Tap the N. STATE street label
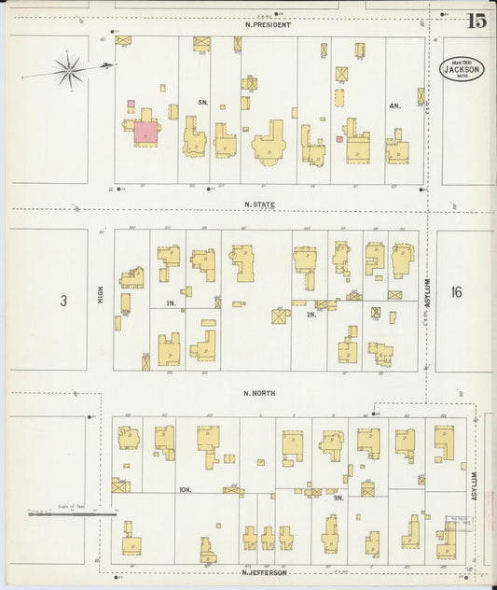[x=261, y=204]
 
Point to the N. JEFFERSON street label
[x=264, y=572]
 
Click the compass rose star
[x=69, y=69]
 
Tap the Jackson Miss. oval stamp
[x=462, y=70]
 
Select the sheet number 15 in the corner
[x=476, y=21]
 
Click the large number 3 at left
[x=63, y=301]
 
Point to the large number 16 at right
[x=455, y=292]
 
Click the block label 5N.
[x=201, y=102]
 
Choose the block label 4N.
[x=393, y=106]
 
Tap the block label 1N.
[x=172, y=303]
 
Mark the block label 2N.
[x=311, y=315]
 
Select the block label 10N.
[x=185, y=489]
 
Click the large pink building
[x=146, y=132]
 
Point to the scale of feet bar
[x=73, y=513]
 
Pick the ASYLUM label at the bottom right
[x=474, y=487]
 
